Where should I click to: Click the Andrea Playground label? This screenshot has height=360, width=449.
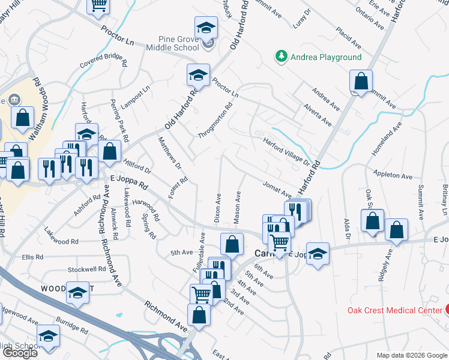point(326,57)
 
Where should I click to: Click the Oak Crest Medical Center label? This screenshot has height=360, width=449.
point(394,310)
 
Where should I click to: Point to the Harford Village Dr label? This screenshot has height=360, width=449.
point(286,151)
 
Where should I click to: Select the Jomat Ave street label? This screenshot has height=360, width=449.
point(276,191)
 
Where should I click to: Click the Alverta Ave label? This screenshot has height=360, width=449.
point(318,115)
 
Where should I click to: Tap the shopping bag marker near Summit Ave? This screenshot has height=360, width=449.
point(361,82)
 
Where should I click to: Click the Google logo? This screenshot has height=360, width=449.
point(20,353)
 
